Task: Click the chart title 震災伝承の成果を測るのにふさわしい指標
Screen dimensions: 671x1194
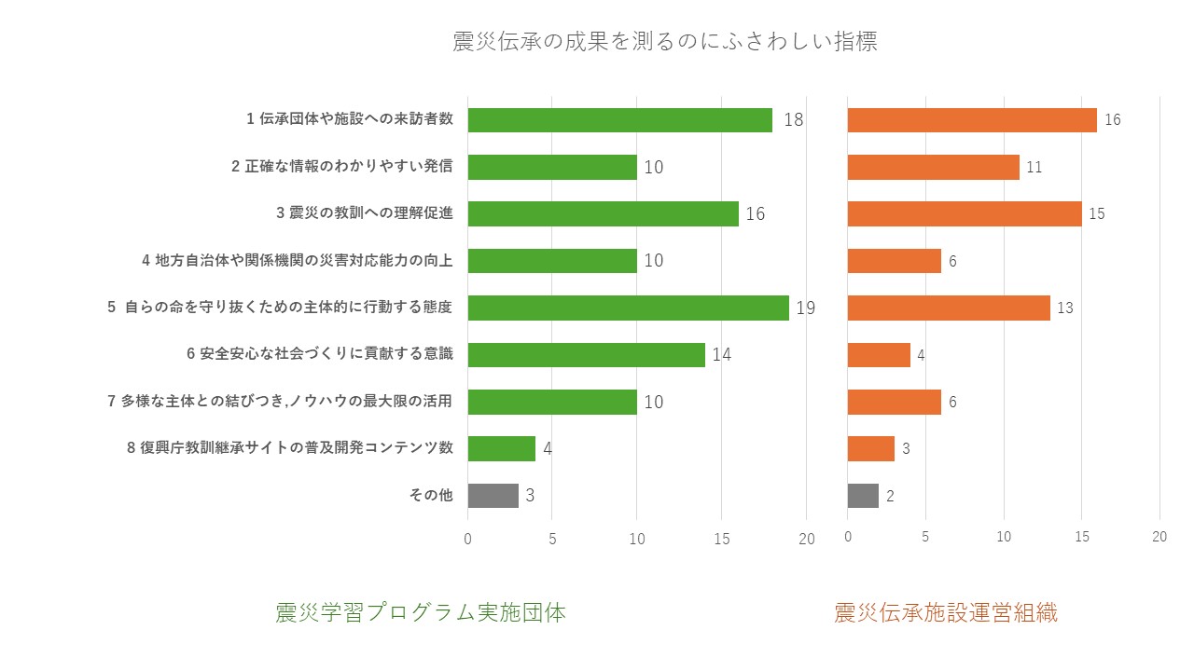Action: coord(664,42)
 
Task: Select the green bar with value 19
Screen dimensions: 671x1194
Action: coord(628,308)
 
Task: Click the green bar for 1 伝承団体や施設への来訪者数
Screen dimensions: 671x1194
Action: coord(619,119)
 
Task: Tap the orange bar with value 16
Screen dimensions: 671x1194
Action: coord(971,119)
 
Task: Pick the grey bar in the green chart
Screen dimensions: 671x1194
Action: coord(493,496)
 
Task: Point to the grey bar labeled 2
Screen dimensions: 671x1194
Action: coord(863,496)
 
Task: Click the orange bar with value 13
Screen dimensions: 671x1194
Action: coord(949,308)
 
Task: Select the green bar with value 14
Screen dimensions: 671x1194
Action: coord(586,354)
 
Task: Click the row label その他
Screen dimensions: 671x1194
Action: coord(431,496)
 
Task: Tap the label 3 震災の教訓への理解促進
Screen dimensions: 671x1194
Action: coord(365,213)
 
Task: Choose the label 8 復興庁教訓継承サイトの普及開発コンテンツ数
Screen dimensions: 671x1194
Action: coord(290,448)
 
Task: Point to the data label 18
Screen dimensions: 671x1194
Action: coord(793,120)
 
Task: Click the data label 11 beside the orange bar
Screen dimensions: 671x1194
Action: coord(1034,168)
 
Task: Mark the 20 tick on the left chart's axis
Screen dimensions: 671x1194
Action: coord(807,539)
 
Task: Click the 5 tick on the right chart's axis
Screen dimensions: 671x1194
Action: coord(925,537)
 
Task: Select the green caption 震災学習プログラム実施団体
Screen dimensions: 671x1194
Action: coord(421,613)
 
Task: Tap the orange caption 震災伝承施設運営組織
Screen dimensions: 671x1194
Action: coord(945,613)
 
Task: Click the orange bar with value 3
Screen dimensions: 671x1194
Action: coord(870,448)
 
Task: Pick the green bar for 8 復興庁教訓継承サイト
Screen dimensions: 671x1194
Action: coord(501,448)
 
